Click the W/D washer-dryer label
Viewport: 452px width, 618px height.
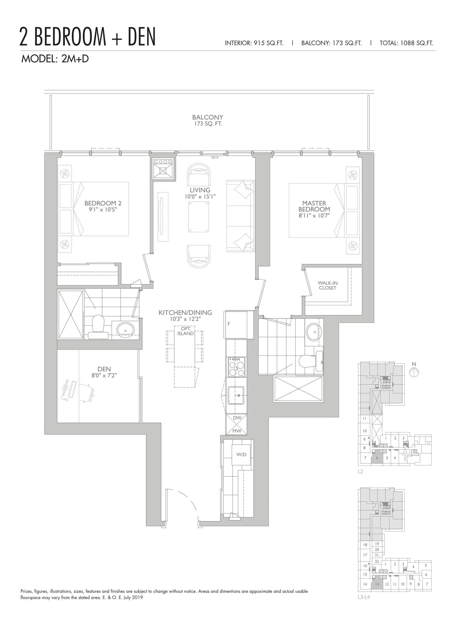pyautogui.click(x=241, y=454)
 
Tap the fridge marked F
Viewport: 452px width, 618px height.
pyautogui.click(x=235, y=325)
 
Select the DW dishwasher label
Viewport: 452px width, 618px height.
pyautogui.click(x=237, y=418)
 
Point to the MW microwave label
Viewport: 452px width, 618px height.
pyautogui.click(x=237, y=431)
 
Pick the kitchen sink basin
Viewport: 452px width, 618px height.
pyautogui.click(x=236, y=395)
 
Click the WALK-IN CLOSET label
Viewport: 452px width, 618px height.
pyautogui.click(x=327, y=285)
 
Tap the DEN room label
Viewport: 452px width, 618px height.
pyautogui.click(x=104, y=369)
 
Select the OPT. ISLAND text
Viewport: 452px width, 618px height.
pyautogui.click(x=185, y=331)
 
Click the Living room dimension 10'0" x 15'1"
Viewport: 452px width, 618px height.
pyautogui.click(x=200, y=197)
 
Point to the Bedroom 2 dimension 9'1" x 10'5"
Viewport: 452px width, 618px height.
pyautogui.click(x=103, y=210)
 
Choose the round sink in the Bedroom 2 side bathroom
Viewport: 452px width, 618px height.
pyautogui.click(x=125, y=329)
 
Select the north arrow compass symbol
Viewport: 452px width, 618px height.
pyautogui.click(x=414, y=372)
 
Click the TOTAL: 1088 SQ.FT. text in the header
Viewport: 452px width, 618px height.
pyautogui.click(x=406, y=43)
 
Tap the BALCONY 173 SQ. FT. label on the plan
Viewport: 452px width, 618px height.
pyautogui.click(x=208, y=120)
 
